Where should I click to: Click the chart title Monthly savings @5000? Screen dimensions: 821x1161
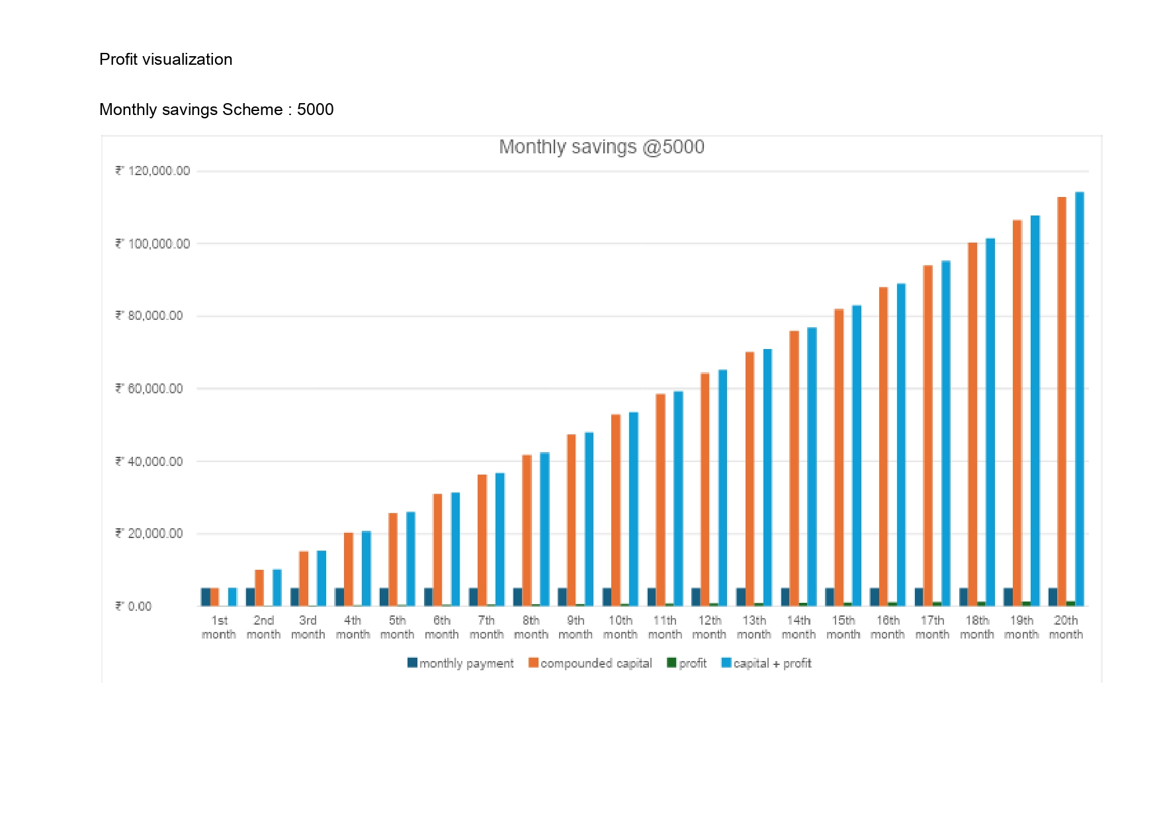coord(601,147)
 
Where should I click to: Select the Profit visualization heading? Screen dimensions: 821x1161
coord(165,59)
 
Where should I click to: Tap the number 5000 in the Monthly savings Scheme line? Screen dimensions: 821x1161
coord(315,110)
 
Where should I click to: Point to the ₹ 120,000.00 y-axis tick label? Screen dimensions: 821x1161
coord(153,171)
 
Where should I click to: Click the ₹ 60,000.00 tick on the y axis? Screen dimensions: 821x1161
coord(150,389)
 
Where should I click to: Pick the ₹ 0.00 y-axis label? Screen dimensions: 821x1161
coord(134,606)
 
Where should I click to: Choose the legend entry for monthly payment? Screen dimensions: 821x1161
coord(460,663)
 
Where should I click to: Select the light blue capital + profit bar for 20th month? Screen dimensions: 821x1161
coord(1080,397)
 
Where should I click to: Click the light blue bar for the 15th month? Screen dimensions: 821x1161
coord(857,456)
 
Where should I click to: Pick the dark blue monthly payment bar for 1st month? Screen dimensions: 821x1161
coord(206,597)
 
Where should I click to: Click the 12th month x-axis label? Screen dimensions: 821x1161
coord(709,627)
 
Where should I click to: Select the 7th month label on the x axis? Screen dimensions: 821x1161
coord(486,627)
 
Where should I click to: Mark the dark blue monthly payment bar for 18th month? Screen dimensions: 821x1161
coord(964,597)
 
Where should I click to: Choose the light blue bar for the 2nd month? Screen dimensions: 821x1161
coord(277,588)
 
